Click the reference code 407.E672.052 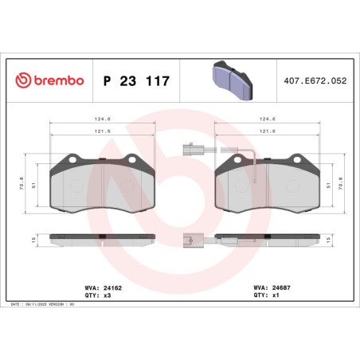point(315,82)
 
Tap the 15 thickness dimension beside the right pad point(340,239)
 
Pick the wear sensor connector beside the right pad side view point(190,237)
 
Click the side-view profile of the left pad point(102,238)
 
